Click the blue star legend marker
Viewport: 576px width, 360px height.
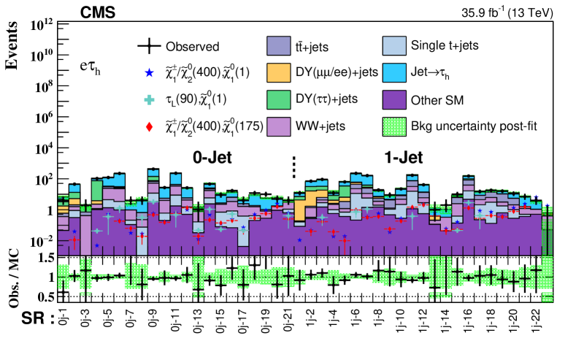coord(150,73)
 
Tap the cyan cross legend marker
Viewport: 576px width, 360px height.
coord(150,100)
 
